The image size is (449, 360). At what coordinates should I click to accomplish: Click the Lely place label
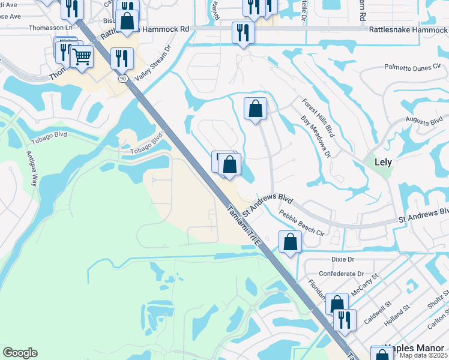[x=382, y=162]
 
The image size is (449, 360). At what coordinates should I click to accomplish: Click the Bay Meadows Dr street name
[x=315, y=136]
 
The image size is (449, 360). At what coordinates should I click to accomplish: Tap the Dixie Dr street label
[x=343, y=259]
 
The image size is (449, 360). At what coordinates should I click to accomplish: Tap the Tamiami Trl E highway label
[x=243, y=226]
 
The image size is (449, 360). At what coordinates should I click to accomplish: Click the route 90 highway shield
[x=123, y=78]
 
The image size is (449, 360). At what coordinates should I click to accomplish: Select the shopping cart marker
[x=82, y=57]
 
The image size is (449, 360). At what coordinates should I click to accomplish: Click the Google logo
[x=20, y=353]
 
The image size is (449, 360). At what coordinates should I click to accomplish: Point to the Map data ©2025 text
[x=423, y=355]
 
